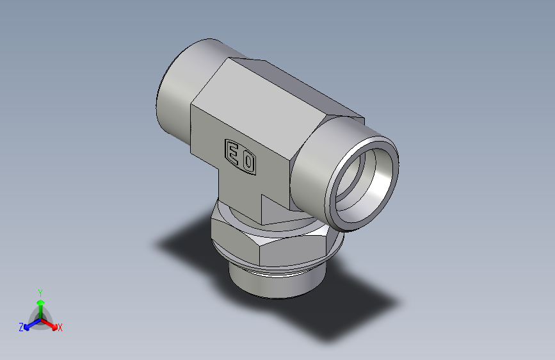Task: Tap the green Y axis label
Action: tap(40, 291)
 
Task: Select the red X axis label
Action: tap(60, 328)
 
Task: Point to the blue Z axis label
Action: tap(21, 327)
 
